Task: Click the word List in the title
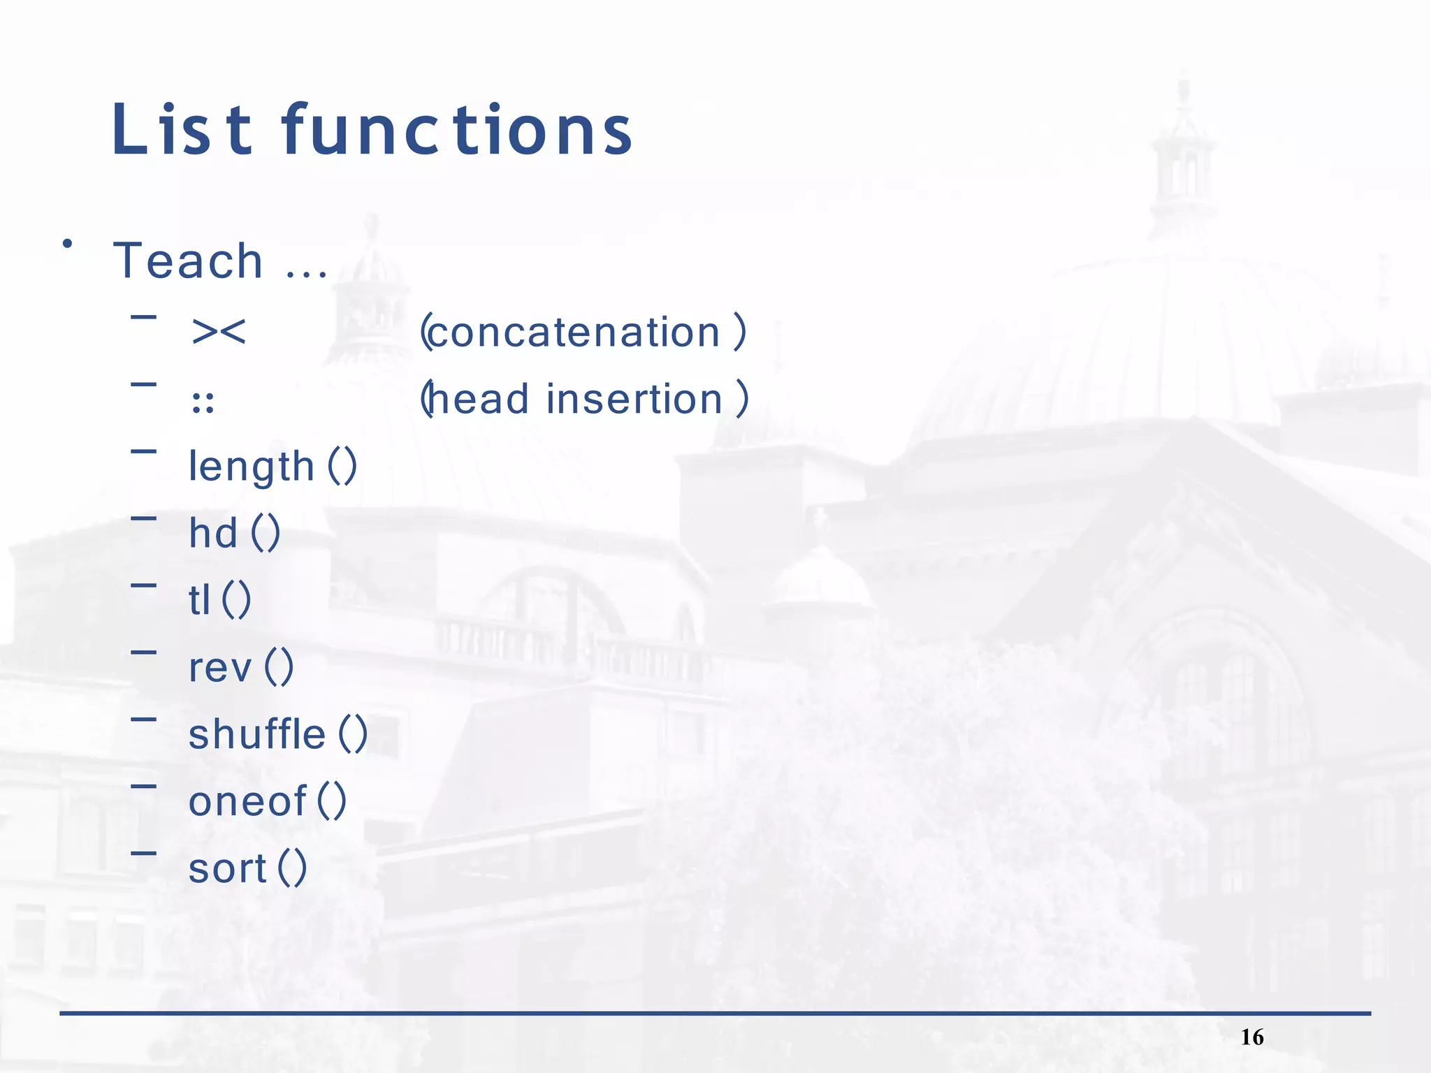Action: point(182,130)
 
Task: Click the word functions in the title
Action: point(458,130)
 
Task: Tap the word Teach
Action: point(188,261)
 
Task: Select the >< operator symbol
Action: point(219,331)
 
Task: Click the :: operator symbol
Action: point(203,403)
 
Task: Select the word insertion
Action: point(634,399)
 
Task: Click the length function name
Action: point(252,466)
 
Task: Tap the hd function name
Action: point(213,533)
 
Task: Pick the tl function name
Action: point(199,600)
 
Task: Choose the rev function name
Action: point(219,668)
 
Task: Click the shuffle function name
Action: point(256,734)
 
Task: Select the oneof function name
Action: point(247,801)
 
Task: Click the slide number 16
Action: point(1252,1037)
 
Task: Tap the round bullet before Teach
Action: point(67,244)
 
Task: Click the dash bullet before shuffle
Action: point(143,718)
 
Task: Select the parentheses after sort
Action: point(292,868)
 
